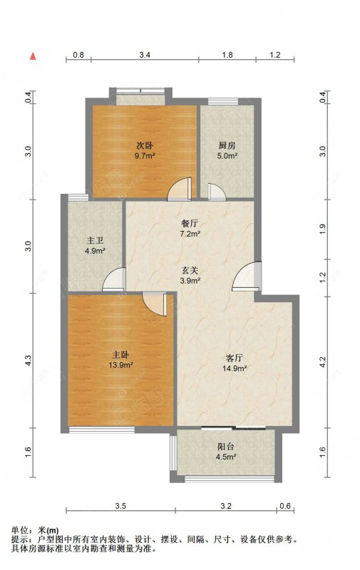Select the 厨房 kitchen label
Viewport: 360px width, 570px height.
[227, 145]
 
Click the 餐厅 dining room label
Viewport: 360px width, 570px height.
[190, 222]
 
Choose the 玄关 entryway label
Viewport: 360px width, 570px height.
[190, 270]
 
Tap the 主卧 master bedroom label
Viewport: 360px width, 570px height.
[121, 353]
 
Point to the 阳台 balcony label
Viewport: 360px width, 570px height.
[227, 447]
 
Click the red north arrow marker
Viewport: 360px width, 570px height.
[32, 55]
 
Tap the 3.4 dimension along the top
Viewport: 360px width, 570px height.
[145, 55]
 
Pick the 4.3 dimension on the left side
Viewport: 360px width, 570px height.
[29, 361]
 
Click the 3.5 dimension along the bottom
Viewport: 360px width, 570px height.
[120, 506]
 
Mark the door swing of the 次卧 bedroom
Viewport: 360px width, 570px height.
[180, 189]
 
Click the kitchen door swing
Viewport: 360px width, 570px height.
[215, 191]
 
